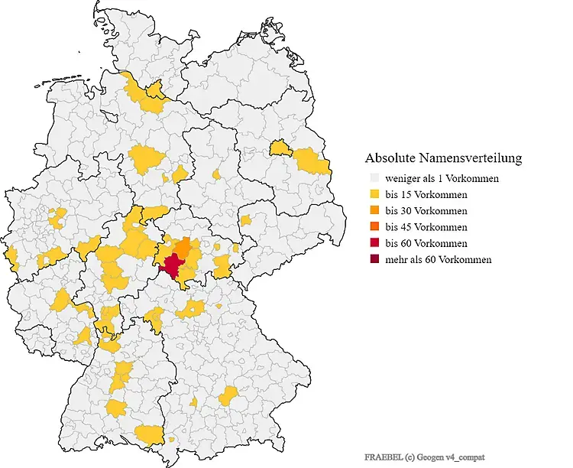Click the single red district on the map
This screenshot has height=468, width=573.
tap(173, 265)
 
